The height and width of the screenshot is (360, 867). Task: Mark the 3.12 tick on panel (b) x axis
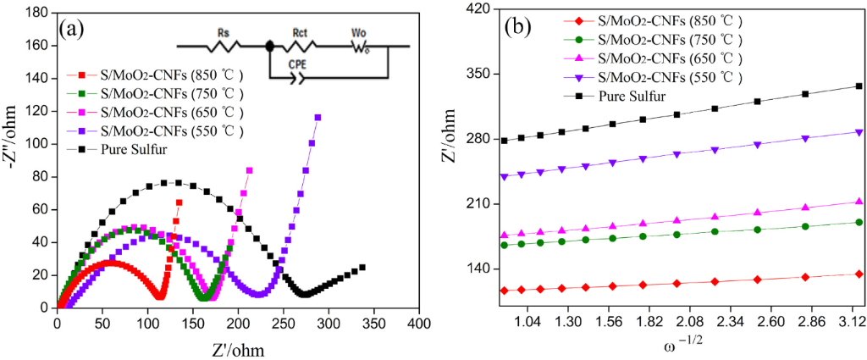click(852, 323)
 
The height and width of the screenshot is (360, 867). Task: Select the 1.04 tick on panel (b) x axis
click(527, 323)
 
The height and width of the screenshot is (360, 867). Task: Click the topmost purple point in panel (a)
click(318, 117)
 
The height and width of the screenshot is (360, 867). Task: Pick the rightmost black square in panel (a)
click(362, 268)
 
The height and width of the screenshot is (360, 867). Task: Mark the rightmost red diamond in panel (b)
click(859, 274)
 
